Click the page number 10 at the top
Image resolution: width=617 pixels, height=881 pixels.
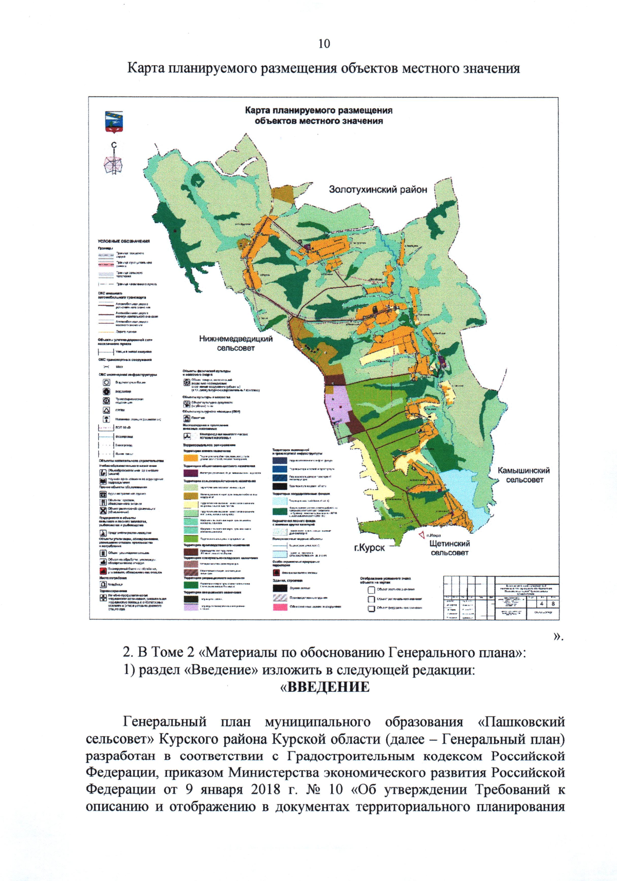[324, 44]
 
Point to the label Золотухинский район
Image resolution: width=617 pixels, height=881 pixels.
[378, 190]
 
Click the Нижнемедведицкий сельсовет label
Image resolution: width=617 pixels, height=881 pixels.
[236, 343]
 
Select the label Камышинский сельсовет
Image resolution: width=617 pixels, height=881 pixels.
[524, 475]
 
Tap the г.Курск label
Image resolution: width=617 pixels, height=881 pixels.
[369, 547]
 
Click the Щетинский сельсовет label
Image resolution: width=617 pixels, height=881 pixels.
[449, 548]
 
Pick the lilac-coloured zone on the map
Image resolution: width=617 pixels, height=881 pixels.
[337, 406]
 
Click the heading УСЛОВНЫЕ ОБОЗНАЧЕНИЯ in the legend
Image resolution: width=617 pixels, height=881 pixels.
[124, 241]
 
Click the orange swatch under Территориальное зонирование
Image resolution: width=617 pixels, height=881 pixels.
[191, 457]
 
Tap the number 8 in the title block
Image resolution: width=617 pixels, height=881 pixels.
[553, 604]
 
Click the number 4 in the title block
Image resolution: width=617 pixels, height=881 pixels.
[541, 604]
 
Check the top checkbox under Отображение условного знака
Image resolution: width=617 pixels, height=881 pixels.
[371, 590]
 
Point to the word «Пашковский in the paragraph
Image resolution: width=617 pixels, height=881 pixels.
[521, 722]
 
